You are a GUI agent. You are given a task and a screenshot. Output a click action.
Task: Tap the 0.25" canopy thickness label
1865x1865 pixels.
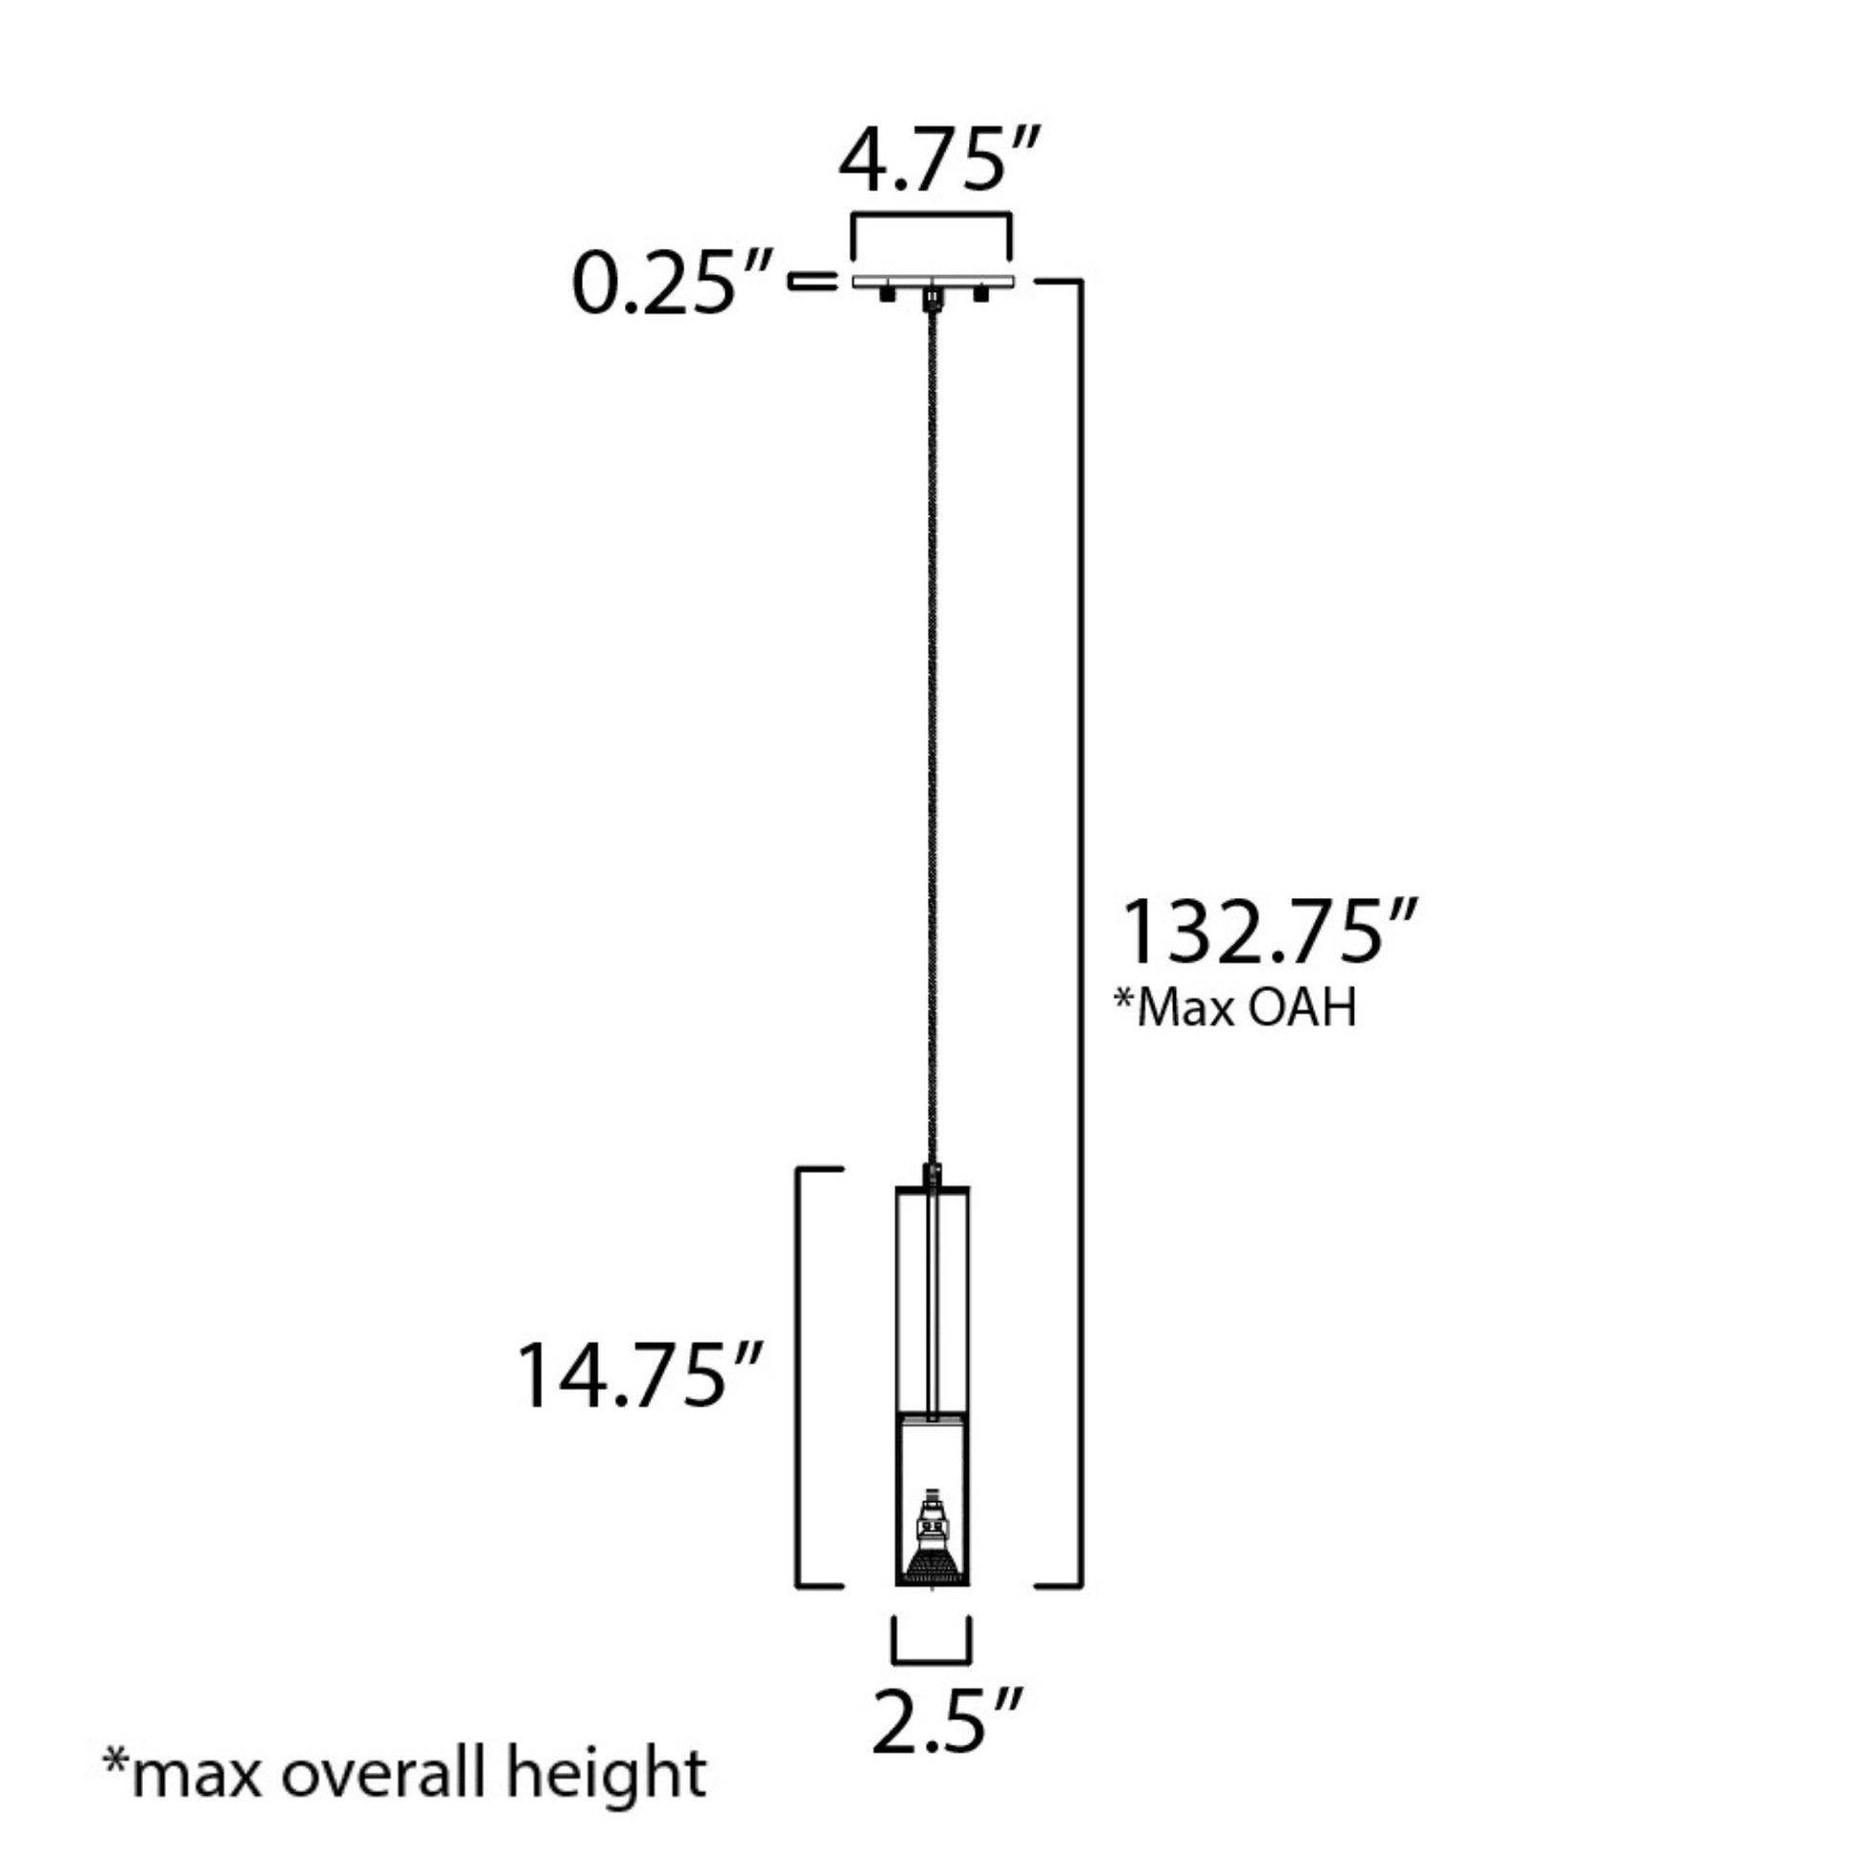point(673,286)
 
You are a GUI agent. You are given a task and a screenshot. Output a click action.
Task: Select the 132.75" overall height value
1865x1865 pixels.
point(1268,933)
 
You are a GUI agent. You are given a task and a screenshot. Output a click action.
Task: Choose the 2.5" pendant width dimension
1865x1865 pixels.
point(945,1722)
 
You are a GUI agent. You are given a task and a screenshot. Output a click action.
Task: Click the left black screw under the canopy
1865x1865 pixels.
point(886,294)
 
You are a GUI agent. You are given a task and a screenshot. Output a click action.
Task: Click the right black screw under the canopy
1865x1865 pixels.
point(980,294)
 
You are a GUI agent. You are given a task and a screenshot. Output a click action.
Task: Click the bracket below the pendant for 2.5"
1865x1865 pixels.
point(932,1660)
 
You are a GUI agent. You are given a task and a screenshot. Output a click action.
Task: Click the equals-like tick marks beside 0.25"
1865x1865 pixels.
point(813,282)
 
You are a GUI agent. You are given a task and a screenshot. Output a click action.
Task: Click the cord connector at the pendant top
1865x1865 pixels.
point(932,1177)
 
